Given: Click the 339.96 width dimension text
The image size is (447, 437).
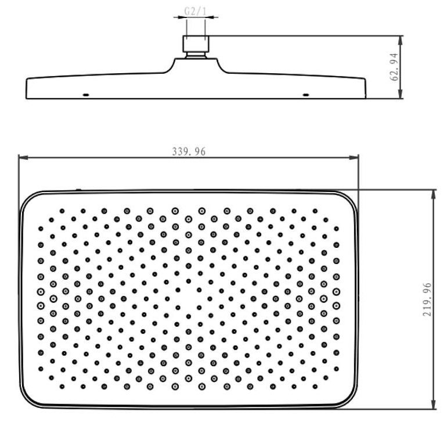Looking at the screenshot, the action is [189, 151].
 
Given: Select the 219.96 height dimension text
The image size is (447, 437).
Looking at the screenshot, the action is [427, 299].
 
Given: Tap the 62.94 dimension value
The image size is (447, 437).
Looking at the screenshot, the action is [395, 67].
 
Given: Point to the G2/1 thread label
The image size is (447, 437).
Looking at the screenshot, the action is [195, 12].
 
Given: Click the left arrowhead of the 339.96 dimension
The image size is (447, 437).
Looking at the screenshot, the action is [23, 157].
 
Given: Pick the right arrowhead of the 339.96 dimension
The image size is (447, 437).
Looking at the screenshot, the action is [354, 157].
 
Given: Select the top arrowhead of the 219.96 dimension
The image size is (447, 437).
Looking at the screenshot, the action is [434, 194].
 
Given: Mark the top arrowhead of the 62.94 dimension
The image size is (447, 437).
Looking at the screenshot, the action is [400, 41].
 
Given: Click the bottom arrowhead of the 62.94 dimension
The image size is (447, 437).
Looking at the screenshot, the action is [400, 94].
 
